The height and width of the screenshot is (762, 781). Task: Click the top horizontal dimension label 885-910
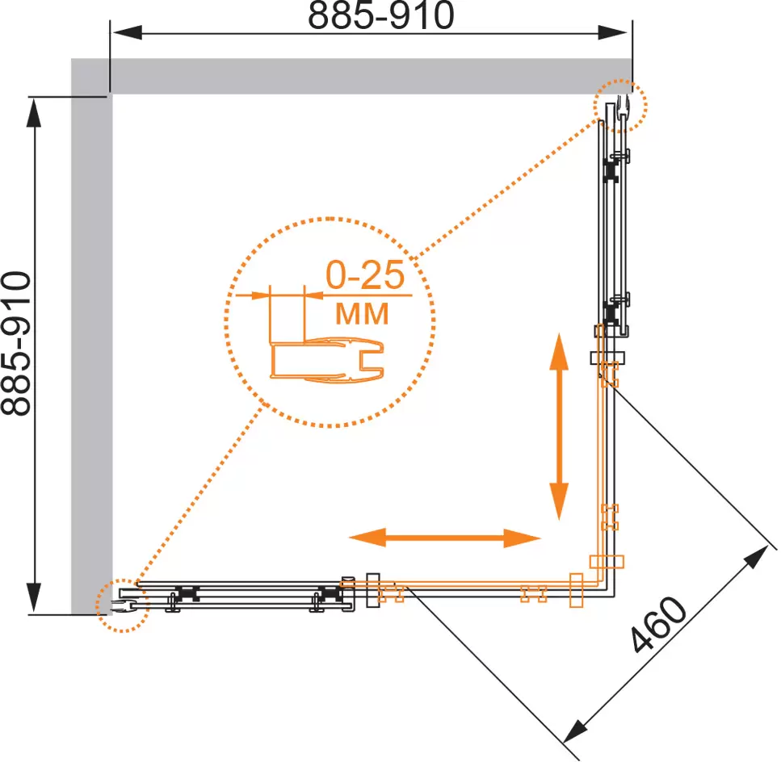point(381,15)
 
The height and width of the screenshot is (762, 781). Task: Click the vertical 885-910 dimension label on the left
point(16,343)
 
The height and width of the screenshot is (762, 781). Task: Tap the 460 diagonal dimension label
point(658,624)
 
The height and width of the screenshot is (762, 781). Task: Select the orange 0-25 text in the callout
point(365,274)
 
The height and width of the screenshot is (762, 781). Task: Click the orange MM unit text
point(362,313)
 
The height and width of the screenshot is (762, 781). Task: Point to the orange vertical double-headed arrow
point(559,426)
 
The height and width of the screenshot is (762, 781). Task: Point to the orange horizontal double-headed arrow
point(445,538)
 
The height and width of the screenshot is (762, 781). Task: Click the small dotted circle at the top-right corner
point(620,106)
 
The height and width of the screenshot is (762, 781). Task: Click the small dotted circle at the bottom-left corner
point(123,605)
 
